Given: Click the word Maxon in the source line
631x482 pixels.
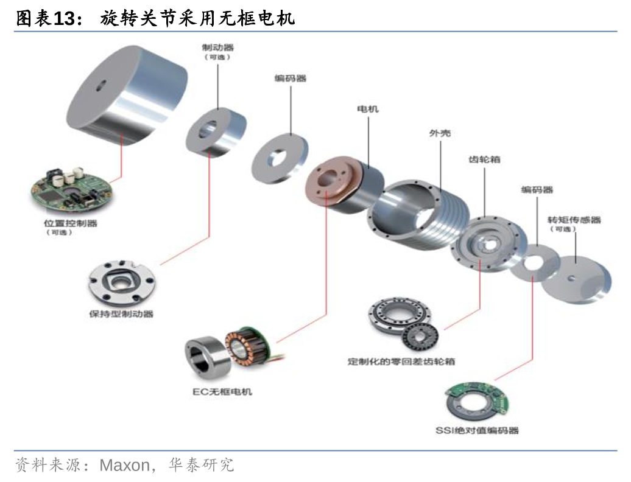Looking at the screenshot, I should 124,466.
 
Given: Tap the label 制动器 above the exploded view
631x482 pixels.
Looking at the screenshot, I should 217,46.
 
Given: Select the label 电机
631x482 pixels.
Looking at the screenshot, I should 367,109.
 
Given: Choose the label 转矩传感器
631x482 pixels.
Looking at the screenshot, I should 574,220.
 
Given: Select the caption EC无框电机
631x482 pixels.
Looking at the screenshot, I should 218,391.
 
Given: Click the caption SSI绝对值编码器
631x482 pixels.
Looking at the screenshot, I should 477,430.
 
